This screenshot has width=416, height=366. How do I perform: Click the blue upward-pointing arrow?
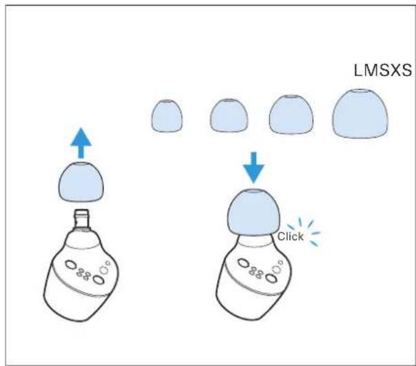click(81, 143)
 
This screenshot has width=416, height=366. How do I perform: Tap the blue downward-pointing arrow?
click(253, 167)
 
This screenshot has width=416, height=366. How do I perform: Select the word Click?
click(290, 237)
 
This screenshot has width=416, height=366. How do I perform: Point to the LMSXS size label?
click(383, 71)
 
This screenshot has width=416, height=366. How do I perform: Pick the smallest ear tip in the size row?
click(167, 116)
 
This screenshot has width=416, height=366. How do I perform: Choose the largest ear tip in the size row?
click(360, 113)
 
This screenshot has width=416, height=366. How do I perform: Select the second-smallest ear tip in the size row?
click(229, 116)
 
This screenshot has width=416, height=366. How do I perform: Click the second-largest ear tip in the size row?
click(291, 114)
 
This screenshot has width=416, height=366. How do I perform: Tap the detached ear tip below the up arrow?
click(81, 182)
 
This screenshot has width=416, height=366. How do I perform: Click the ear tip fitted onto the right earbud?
click(253, 212)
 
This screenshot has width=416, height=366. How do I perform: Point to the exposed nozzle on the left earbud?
click(82, 219)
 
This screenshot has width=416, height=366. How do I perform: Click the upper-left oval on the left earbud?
click(71, 264)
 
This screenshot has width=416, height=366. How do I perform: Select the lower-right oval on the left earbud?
click(98, 280)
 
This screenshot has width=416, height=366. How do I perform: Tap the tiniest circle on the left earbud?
click(108, 263)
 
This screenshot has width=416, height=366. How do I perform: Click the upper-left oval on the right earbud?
click(243, 263)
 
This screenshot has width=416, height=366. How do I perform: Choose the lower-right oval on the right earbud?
click(271, 278)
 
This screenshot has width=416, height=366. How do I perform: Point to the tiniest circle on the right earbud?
click(280, 262)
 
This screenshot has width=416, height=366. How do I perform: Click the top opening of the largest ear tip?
click(360, 91)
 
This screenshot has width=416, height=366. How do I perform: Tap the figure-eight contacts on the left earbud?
click(83, 274)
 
